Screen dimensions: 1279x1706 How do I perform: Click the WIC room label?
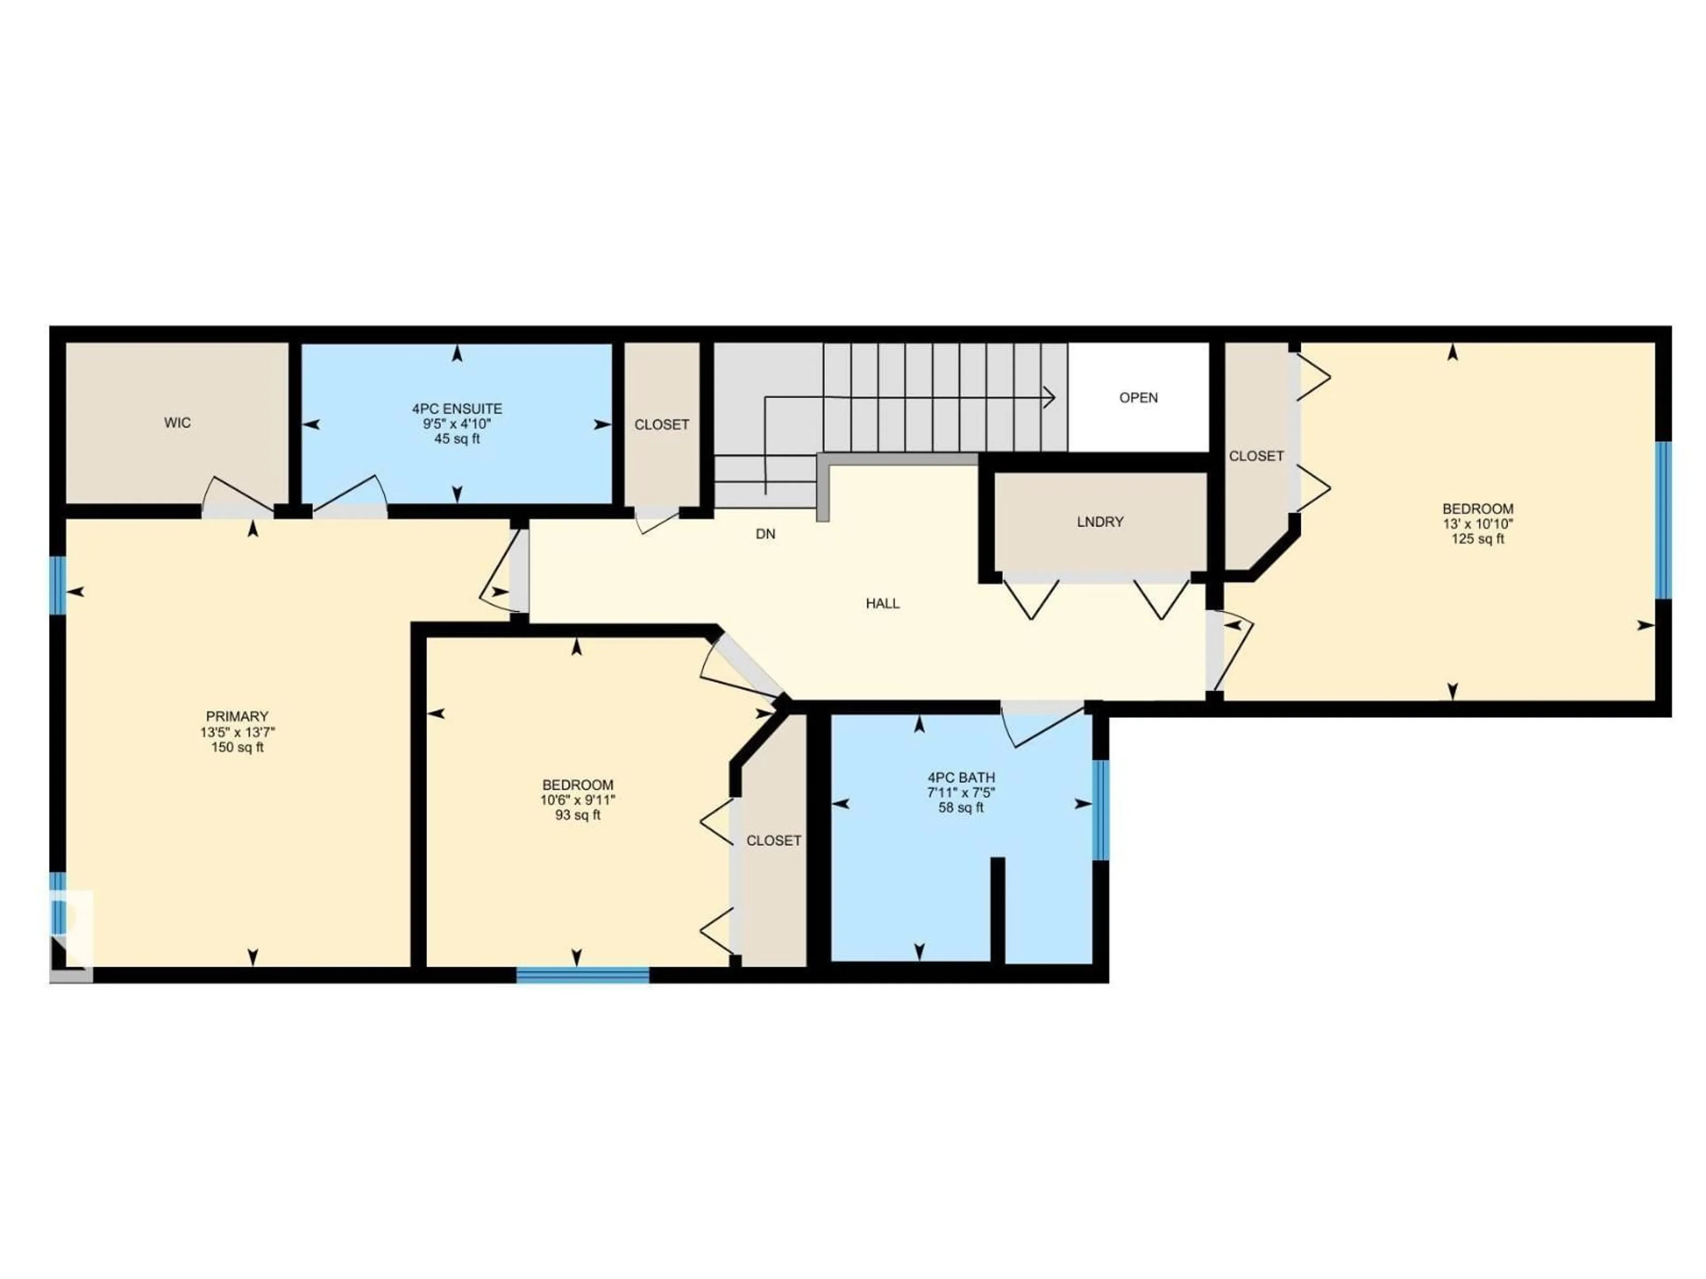(x=177, y=422)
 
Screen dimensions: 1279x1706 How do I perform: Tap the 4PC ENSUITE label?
(x=457, y=409)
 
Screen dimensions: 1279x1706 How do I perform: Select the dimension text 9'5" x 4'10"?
(x=457, y=424)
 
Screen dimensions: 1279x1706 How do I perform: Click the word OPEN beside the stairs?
(x=1138, y=398)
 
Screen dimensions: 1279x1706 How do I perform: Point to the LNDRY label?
(x=1100, y=522)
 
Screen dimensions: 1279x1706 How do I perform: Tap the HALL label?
(x=882, y=604)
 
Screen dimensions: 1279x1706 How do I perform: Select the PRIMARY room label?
(x=237, y=716)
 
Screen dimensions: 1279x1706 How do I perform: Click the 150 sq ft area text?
(x=237, y=747)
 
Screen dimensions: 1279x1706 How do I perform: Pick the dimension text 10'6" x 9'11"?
(x=578, y=800)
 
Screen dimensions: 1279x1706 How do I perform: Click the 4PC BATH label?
(x=961, y=778)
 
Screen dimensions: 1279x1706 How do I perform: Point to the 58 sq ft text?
(x=961, y=808)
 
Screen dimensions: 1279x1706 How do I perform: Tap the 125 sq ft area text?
(x=1478, y=539)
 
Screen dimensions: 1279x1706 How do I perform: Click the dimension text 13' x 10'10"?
(x=1478, y=524)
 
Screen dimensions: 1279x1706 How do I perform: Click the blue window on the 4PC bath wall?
(x=1101, y=810)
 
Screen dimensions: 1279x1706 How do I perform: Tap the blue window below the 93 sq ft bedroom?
(x=582, y=975)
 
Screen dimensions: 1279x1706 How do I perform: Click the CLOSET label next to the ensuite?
(x=662, y=425)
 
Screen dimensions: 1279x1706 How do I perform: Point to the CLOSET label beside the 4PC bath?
(x=773, y=840)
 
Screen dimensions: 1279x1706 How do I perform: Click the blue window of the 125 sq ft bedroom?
(x=1664, y=520)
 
